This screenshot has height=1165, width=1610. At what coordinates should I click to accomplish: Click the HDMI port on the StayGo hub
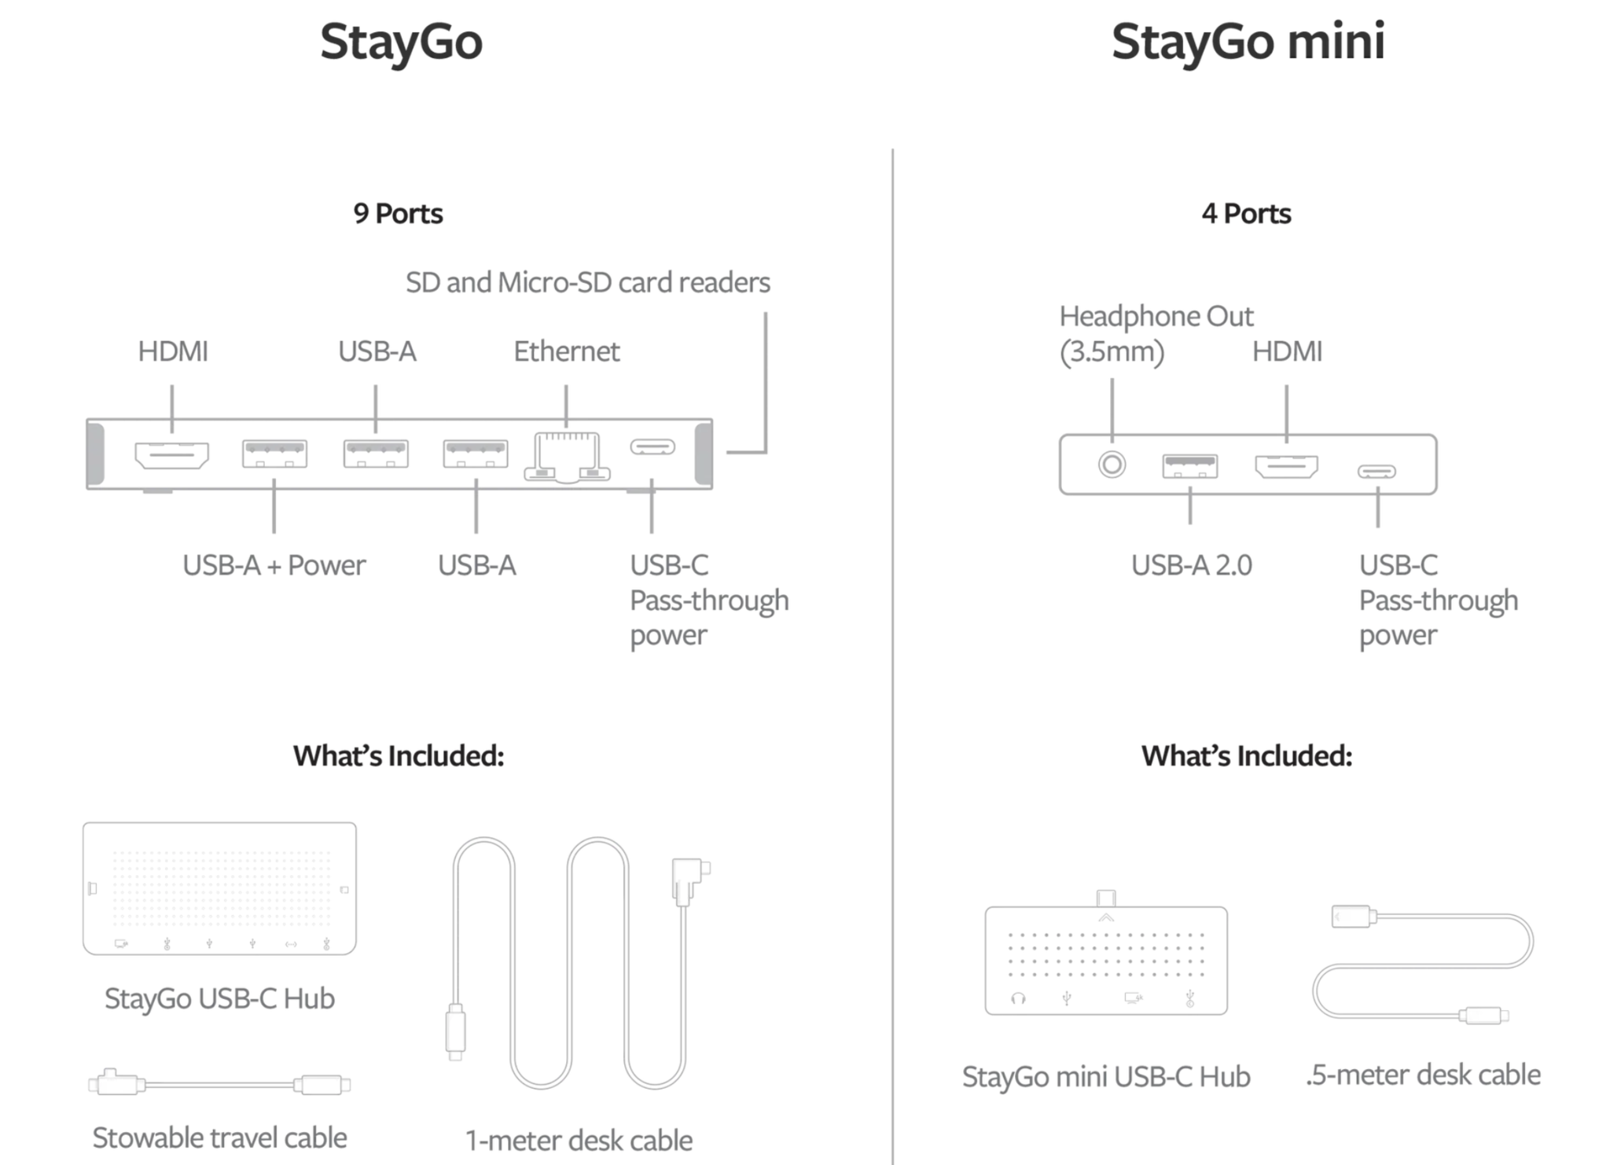(x=171, y=454)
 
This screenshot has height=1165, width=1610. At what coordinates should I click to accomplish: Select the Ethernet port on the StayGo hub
(x=567, y=457)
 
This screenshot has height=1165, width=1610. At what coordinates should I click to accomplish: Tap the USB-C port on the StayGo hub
(x=652, y=447)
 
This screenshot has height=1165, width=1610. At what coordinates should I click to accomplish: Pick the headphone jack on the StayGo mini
(x=1112, y=465)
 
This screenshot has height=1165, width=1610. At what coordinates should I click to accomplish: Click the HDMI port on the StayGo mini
(x=1286, y=466)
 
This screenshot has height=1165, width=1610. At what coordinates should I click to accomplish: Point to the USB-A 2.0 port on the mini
(x=1190, y=466)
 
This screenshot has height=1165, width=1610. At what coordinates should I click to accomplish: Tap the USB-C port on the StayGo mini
(x=1377, y=472)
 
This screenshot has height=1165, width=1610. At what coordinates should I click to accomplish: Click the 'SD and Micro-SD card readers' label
(x=588, y=282)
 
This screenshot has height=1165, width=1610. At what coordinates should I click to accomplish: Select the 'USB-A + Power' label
(x=274, y=565)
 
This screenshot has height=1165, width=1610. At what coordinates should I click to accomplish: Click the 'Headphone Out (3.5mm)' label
(x=1156, y=333)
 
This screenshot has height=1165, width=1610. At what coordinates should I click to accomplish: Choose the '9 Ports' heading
(x=398, y=214)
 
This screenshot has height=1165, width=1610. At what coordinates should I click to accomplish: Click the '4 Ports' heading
(x=1246, y=214)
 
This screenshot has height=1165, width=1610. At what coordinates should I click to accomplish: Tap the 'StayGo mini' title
(x=1248, y=41)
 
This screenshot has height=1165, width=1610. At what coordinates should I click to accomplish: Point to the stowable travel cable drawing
(x=219, y=1083)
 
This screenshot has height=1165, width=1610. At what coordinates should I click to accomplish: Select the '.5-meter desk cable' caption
(x=1423, y=1075)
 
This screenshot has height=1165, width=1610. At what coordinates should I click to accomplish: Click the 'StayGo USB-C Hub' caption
(x=219, y=998)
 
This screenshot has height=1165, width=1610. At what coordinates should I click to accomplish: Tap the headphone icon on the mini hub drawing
(x=1018, y=998)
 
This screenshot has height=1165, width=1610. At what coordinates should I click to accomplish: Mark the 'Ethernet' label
(x=566, y=351)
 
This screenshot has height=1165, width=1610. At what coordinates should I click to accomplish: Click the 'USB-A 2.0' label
(x=1191, y=565)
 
